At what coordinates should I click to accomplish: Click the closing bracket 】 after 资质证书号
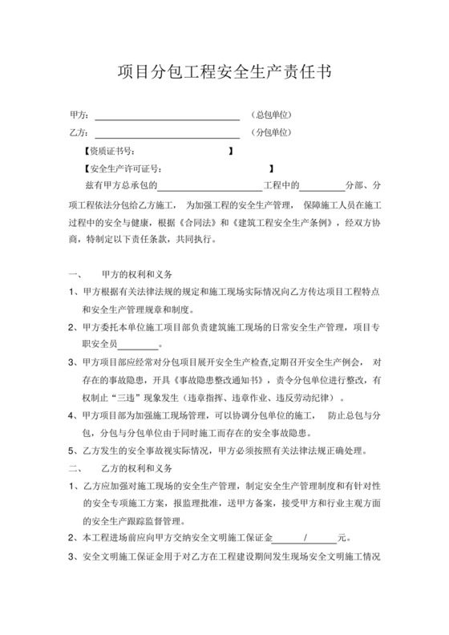(231, 151)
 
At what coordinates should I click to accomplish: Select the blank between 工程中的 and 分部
(322, 186)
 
